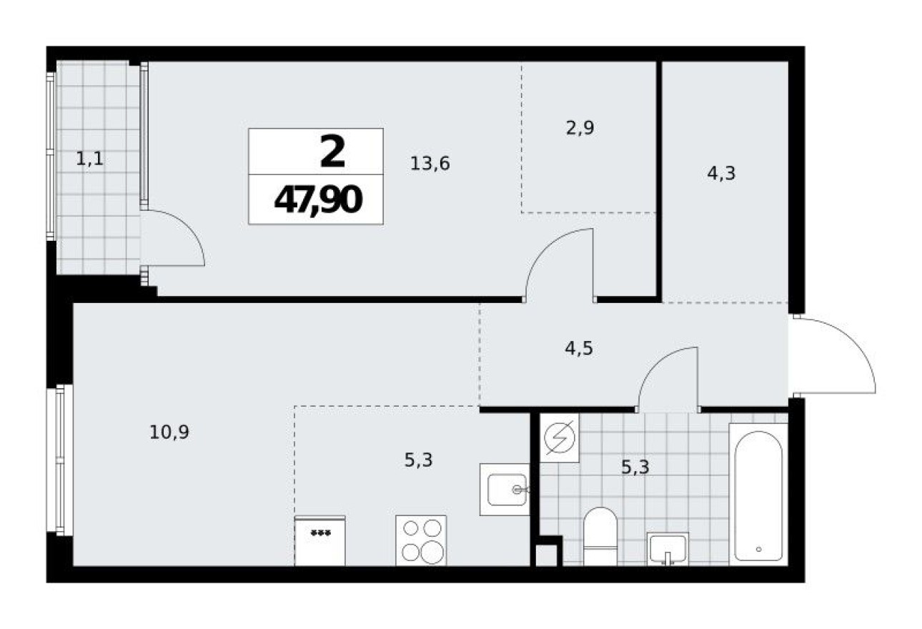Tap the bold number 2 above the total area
point(332,152)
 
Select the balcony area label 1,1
point(90,159)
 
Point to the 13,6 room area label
point(430,164)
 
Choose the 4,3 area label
point(721,173)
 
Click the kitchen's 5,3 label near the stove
point(419,460)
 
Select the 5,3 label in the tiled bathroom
point(636,467)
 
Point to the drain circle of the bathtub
point(758,550)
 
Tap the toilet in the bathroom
point(600,536)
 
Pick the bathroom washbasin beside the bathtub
point(667,548)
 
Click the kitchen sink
point(505,490)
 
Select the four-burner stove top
point(421,540)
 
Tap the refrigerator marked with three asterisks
point(319,541)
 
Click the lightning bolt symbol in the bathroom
point(560,437)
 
